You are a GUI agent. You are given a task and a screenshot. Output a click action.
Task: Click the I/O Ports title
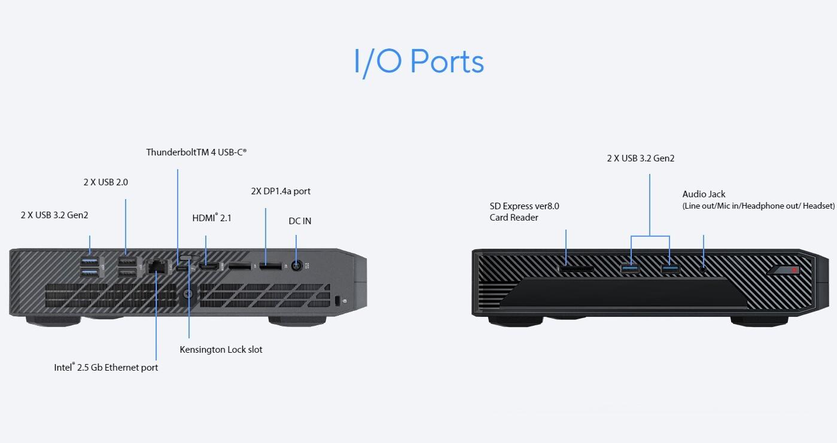(x=418, y=62)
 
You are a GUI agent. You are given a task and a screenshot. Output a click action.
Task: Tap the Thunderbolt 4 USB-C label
(x=196, y=152)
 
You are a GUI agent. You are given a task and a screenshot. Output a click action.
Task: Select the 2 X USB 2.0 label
(x=105, y=182)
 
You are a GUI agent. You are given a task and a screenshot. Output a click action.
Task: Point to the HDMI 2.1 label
(x=212, y=218)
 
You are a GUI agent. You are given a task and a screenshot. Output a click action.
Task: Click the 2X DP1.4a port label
(x=281, y=191)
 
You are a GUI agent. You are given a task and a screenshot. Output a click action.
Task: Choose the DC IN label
(x=300, y=221)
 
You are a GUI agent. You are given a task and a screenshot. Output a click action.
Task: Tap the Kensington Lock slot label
(x=221, y=349)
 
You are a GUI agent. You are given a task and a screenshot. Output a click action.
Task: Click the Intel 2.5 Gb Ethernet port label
(x=106, y=367)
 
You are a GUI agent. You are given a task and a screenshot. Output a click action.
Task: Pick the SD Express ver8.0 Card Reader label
(x=524, y=212)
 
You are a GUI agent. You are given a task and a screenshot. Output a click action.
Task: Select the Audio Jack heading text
(x=704, y=194)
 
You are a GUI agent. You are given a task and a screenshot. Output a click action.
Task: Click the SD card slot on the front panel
(x=576, y=269)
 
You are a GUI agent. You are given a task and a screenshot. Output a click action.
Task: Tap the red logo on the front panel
(x=795, y=270)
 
